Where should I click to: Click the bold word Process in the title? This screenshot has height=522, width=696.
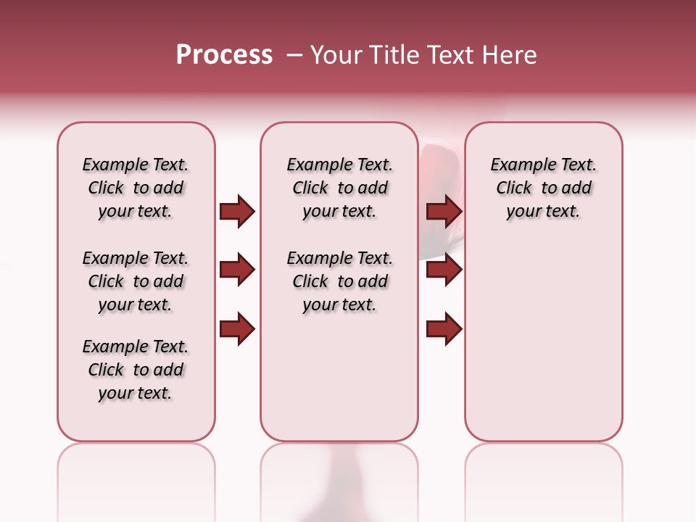(x=224, y=55)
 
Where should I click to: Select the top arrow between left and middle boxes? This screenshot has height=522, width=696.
(x=237, y=211)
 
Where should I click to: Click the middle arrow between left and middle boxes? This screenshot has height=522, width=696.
(x=237, y=270)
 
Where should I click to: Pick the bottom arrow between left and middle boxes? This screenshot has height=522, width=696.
(x=237, y=329)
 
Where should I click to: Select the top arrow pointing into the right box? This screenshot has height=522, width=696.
(x=444, y=211)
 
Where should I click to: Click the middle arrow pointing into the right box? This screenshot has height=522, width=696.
(x=444, y=270)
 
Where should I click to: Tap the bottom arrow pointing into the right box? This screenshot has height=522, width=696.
(x=444, y=329)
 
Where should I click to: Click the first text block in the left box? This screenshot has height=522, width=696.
(x=136, y=188)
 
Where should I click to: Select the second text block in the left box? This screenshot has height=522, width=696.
(x=136, y=281)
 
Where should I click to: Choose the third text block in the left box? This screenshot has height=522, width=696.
(x=136, y=370)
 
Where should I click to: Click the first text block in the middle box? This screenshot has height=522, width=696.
(x=339, y=188)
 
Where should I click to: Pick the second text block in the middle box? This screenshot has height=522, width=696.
(x=339, y=281)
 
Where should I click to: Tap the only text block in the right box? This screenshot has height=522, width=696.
(x=543, y=188)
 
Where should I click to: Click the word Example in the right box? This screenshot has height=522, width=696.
(x=522, y=165)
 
